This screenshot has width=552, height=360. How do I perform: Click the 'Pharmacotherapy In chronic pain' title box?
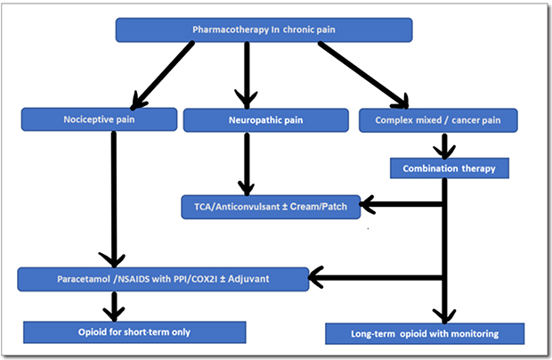pos(264,31)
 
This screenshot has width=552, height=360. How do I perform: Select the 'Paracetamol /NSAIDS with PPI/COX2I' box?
pos(163,279)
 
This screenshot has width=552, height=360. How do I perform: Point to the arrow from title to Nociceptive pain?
pos(160,73)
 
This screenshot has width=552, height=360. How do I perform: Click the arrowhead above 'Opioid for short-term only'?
pos(114,311)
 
